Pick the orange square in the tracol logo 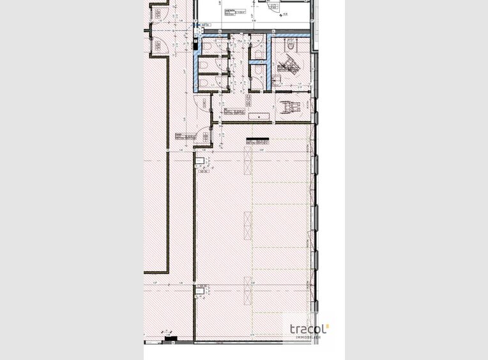(x=328, y=326)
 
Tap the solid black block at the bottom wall (x=169, y=342)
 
